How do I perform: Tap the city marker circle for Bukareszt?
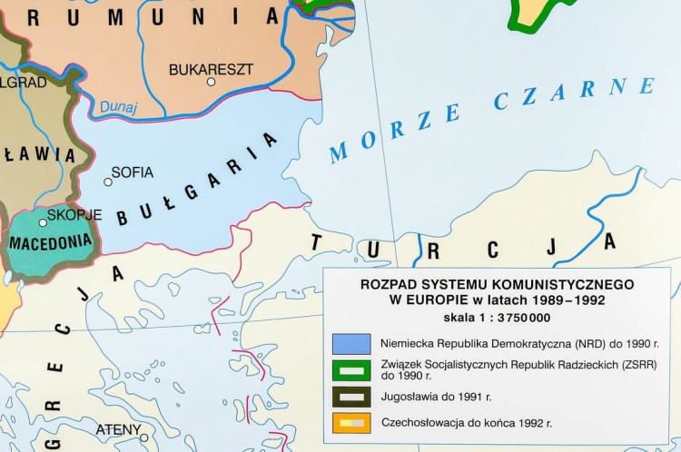point(211,83)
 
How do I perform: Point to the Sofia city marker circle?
point(108,182)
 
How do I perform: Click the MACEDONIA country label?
point(50,242)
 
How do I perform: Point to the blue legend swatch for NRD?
point(350,344)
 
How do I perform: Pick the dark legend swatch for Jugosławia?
point(350,397)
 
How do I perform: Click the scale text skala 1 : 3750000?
point(497,318)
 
